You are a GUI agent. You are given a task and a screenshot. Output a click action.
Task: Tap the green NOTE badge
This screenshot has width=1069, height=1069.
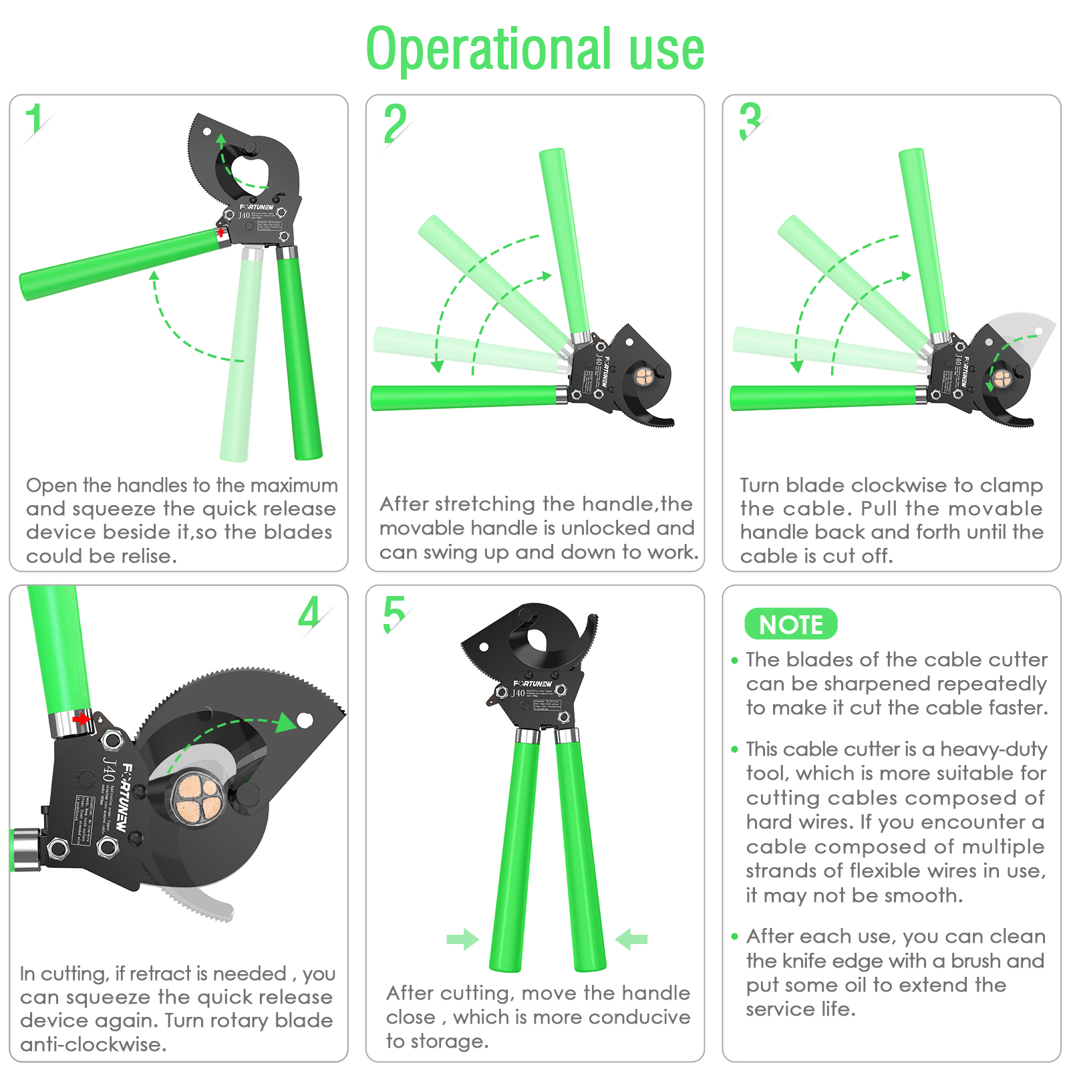tap(791, 624)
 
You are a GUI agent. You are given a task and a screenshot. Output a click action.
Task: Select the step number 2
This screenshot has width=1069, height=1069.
tap(395, 124)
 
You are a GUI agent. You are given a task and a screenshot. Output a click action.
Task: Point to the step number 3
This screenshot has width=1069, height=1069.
tap(750, 121)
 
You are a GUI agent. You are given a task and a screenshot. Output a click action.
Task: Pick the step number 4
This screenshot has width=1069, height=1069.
tap(309, 612)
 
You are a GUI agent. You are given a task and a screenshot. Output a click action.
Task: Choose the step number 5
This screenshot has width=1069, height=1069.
tap(394, 614)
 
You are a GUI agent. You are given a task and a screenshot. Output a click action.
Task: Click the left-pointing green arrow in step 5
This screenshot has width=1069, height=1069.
tap(631, 939)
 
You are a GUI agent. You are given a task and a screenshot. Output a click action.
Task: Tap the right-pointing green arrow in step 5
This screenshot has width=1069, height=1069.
tap(462, 939)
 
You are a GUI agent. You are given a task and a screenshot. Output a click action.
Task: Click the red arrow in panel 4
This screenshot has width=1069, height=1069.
tap(82, 719)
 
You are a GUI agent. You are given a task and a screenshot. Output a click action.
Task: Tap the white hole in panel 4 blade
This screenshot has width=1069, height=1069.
tap(305, 720)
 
